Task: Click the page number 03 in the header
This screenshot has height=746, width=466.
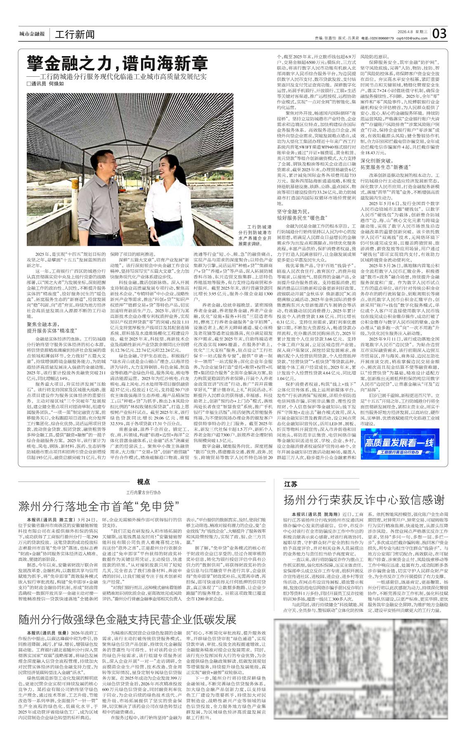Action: [x=440, y=33]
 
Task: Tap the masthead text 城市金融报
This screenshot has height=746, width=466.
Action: [x=32, y=34]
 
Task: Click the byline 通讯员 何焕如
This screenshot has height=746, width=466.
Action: [x=45, y=83]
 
